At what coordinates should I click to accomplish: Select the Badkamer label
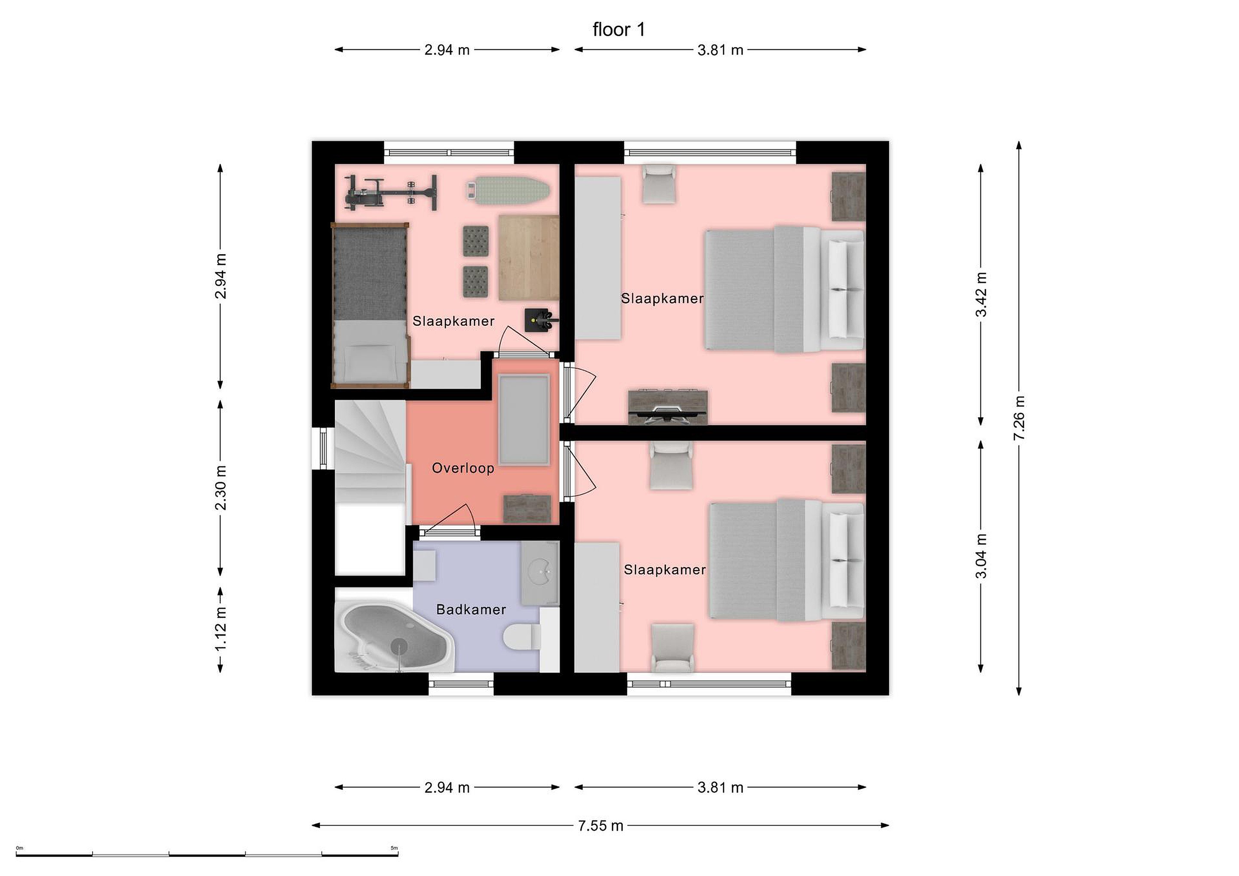pos(471,609)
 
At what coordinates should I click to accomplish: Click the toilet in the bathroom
pos(522,636)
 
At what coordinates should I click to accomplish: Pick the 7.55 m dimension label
pos(601,826)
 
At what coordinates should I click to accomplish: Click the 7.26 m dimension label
pos(1019,418)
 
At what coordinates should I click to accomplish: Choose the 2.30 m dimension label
pos(221,488)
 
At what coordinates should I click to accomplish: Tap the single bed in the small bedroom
pos(370,306)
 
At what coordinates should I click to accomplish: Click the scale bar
pos(207,854)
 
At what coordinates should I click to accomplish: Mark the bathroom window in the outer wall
pos(461,684)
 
